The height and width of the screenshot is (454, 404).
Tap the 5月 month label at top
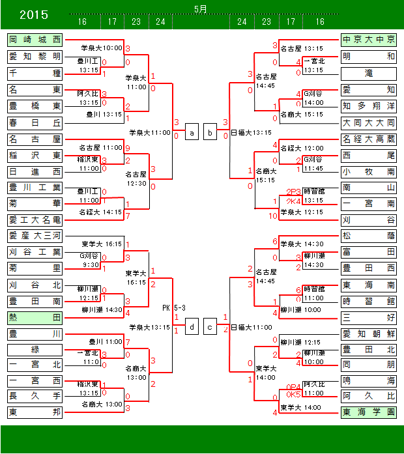[201, 8]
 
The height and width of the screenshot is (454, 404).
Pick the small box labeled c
[210, 327]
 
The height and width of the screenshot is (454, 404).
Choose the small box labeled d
[192, 327]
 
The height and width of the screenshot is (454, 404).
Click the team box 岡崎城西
[35, 40]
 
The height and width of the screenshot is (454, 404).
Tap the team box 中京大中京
[368, 40]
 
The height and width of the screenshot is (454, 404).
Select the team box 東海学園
[368, 412]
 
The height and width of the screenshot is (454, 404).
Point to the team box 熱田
[35, 318]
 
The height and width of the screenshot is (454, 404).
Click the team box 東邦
[35, 412]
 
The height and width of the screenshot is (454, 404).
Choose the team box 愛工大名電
[35, 220]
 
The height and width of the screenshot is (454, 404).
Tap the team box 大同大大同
[368, 122]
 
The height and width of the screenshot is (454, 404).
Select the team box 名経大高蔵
[368, 139]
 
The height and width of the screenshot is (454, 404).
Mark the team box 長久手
[35, 396]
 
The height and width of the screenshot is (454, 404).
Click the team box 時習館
[368, 302]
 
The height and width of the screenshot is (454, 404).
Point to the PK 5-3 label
[173, 307]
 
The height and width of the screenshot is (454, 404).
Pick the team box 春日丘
[35, 122]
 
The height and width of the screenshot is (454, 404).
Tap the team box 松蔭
[368, 236]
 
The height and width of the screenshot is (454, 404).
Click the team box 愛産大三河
[35, 236]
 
